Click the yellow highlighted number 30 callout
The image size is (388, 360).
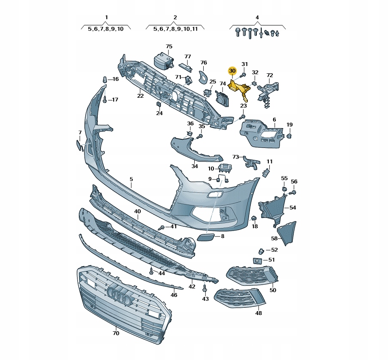[x=232, y=71]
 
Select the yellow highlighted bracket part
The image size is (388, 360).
[x=240, y=89]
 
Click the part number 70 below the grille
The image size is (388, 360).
[x=116, y=333]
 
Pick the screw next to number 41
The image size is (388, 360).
[x=162, y=227]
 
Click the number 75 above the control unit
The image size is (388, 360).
[x=169, y=47]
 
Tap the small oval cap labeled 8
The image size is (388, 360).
[x=205, y=237]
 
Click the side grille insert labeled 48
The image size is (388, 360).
[x=239, y=298]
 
